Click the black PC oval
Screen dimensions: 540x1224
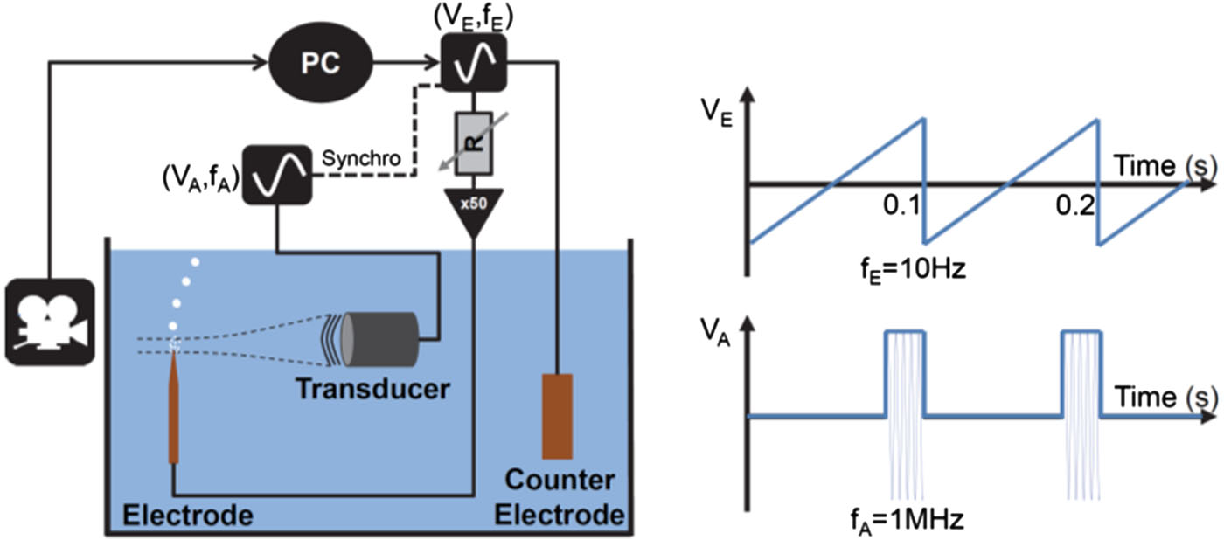pos(321,63)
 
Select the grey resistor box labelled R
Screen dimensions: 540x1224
pos(473,143)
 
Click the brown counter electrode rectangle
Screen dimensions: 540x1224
pos(557,416)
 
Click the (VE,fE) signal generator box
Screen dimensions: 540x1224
pos(473,62)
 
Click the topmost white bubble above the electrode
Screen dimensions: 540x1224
pos(196,260)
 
